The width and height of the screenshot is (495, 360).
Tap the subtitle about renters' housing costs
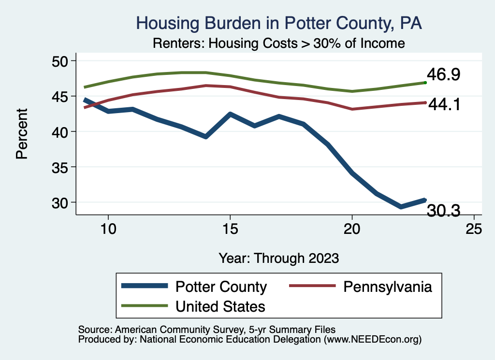tap(278, 43)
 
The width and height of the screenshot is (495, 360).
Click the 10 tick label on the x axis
tap(108, 229)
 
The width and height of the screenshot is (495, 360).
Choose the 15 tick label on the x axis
tap(230, 229)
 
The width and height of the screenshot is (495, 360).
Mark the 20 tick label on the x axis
tap(352, 229)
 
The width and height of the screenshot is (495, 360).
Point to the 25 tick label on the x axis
tap(474, 229)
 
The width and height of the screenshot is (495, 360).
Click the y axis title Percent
tap(21, 140)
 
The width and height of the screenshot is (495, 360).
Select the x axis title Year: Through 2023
tap(278, 258)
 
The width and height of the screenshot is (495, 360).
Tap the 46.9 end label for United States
tap(443, 75)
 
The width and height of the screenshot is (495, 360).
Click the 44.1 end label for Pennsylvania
tap(443, 104)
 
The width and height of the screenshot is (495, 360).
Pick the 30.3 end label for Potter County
tap(443, 210)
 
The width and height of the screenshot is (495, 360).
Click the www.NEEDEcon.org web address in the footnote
tap(373, 340)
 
